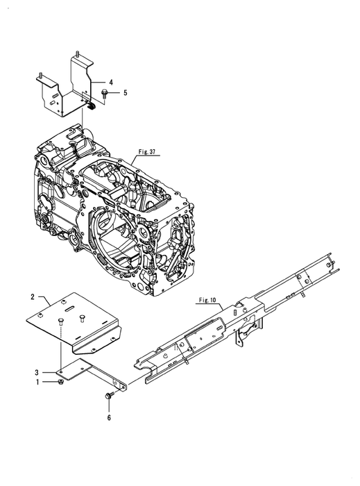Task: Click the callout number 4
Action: point(111,82)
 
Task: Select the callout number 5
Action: point(125,92)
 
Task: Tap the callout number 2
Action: point(33,297)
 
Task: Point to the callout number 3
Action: point(37,372)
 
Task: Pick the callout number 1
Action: point(37,382)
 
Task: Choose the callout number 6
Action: point(109,417)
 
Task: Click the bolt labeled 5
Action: point(104,93)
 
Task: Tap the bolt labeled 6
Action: point(110,396)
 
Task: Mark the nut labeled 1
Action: point(60,382)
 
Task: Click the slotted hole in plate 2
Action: point(70,308)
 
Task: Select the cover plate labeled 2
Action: point(74,324)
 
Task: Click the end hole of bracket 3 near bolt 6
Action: point(123,387)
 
